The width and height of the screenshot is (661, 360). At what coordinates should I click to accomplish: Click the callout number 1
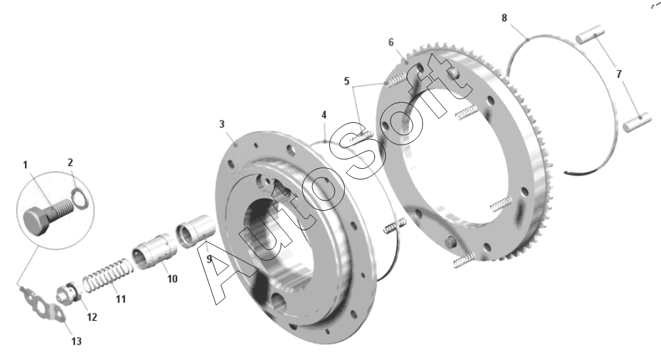point(25,165)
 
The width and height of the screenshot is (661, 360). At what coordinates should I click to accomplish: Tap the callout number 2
point(70,163)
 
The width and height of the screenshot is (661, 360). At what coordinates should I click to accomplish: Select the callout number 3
point(222,124)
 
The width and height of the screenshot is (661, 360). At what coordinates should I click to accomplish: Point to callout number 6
point(391,43)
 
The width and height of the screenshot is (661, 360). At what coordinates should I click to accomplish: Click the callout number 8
point(504,18)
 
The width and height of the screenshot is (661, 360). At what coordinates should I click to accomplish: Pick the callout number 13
point(76,341)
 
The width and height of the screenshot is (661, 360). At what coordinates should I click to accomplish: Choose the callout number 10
point(172,279)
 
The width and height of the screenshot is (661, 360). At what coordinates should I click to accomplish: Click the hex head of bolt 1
point(37,222)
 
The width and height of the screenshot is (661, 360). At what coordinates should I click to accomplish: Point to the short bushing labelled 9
point(195,231)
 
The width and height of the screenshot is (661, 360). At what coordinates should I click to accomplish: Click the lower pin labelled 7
point(637,122)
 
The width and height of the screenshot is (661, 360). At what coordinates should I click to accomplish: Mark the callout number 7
point(619,74)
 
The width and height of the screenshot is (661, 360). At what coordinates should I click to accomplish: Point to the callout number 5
point(347,81)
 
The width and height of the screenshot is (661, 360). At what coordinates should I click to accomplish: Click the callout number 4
point(324,115)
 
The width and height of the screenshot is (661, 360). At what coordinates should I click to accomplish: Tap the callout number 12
point(92,317)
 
